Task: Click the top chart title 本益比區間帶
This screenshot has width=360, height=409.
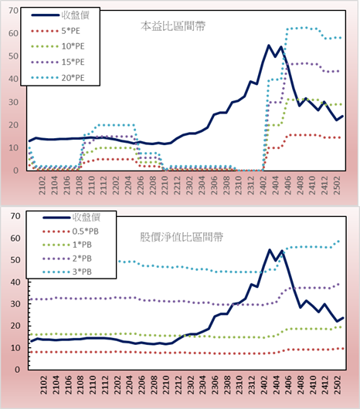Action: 173,26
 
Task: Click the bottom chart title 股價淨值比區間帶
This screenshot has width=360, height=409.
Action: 182,237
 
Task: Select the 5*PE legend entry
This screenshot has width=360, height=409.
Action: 71,31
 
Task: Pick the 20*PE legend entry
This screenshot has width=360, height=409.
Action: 73,77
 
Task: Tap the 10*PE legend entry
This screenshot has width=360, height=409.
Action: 73,46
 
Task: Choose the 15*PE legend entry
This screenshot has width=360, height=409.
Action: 73,62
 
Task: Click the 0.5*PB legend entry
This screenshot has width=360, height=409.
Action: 86,232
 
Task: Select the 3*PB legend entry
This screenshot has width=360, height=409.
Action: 82,272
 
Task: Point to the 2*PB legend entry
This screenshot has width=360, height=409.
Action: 82,259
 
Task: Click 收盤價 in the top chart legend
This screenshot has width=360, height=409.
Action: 76,15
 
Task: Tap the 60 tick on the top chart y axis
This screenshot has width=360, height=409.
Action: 13,33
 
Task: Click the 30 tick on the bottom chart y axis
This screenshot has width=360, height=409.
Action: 15,304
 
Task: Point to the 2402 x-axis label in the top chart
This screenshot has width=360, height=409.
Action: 263,185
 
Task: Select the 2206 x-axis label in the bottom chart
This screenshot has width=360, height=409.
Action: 141,384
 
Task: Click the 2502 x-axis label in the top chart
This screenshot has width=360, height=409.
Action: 337,185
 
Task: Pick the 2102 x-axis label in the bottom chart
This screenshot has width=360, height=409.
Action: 43,384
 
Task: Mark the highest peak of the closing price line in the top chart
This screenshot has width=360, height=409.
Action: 269,46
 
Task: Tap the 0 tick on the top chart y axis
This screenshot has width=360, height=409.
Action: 15,171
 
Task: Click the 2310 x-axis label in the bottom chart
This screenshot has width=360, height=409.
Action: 239,384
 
